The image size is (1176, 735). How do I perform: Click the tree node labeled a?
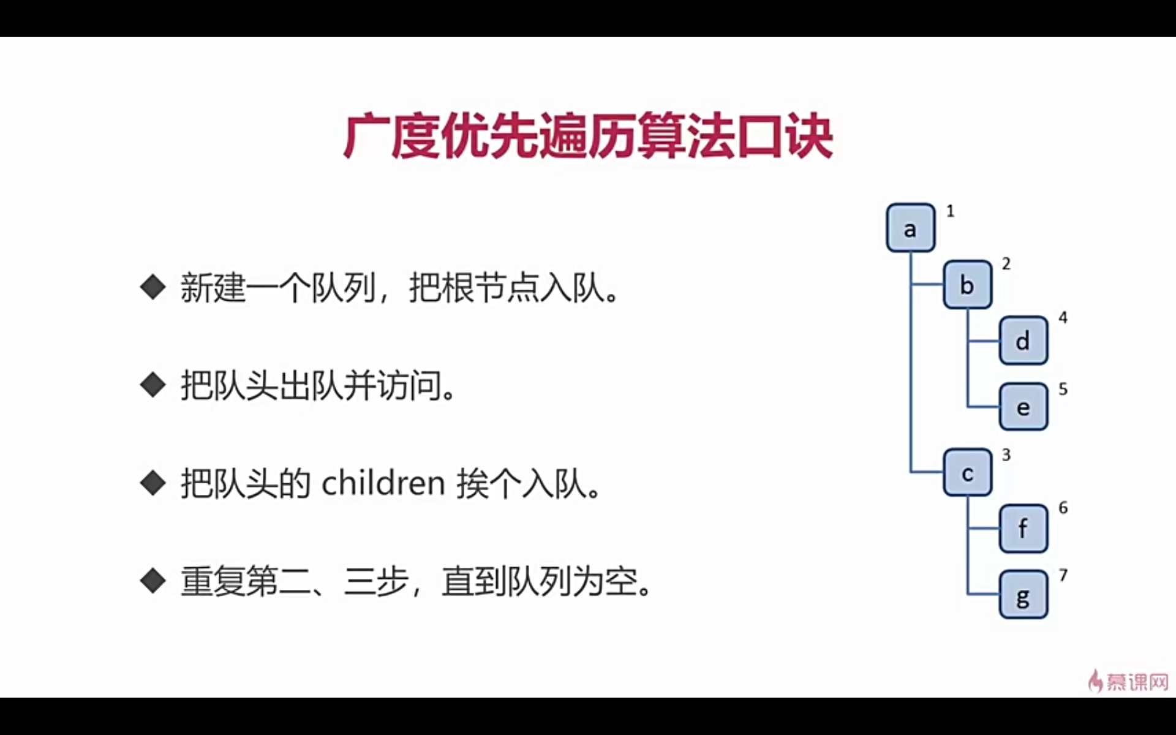tap(910, 228)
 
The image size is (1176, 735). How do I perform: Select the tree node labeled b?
tap(967, 284)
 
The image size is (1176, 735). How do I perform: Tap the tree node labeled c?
tap(967, 472)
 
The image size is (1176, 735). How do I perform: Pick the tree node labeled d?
tap(1023, 341)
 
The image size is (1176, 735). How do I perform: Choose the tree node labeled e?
tap(1023, 407)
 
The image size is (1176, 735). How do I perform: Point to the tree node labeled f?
tap(1023, 528)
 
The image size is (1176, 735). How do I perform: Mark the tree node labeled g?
tap(1023, 595)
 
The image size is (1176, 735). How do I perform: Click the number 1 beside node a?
tap(950, 211)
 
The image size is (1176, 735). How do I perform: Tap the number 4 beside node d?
tap(1063, 317)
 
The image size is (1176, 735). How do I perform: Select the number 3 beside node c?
tap(1006, 454)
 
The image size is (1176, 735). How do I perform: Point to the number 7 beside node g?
tap(1063, 575)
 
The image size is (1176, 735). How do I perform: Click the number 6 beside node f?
tap(1063, 508)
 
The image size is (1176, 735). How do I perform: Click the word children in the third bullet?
tap(383, 483)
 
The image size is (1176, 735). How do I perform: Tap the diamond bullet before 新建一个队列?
tap(153, 287)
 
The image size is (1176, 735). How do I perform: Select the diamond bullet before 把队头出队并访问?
tap(153, 385)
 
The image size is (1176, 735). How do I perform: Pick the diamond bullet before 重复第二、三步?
tap(153, 581)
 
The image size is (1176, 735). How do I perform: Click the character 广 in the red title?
tap(366, 136)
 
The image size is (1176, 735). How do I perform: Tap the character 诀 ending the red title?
tap(810, 136)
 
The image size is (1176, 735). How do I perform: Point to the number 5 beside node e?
tap(1063, 389)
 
